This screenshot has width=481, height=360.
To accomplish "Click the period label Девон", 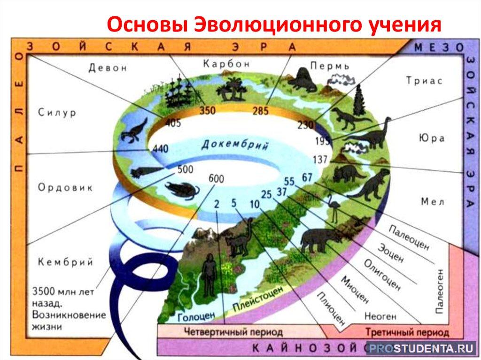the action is pyautogui.click(x=108, y=68).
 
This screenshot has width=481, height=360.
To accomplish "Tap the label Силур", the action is pyautogui.click(x=57, y=113).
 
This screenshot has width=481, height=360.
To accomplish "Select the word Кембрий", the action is pyautogui.click(x=65, y=262).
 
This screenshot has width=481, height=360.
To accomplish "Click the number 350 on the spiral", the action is pyautogui.click(x=208, y=110).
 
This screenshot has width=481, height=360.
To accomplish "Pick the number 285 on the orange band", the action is pyautogui.click(x=260, y=111).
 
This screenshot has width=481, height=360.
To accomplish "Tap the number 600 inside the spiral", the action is pyautogui.click(x=216, y=178).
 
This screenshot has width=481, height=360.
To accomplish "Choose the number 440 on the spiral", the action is pyautogui.click(x=161, y=149).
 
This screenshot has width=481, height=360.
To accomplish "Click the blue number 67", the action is pyautogui.click(x=307, y=177).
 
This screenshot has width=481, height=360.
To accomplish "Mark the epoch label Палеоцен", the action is pyautogui.click(x=409, y=237).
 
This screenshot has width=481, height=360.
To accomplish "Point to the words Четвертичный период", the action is pyautogui.click(x=233, y=332).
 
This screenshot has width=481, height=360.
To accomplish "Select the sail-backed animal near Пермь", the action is pyautogui.click(x=303, y=80).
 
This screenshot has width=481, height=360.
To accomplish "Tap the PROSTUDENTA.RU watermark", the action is pyautogui.click(x=421, y=348).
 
